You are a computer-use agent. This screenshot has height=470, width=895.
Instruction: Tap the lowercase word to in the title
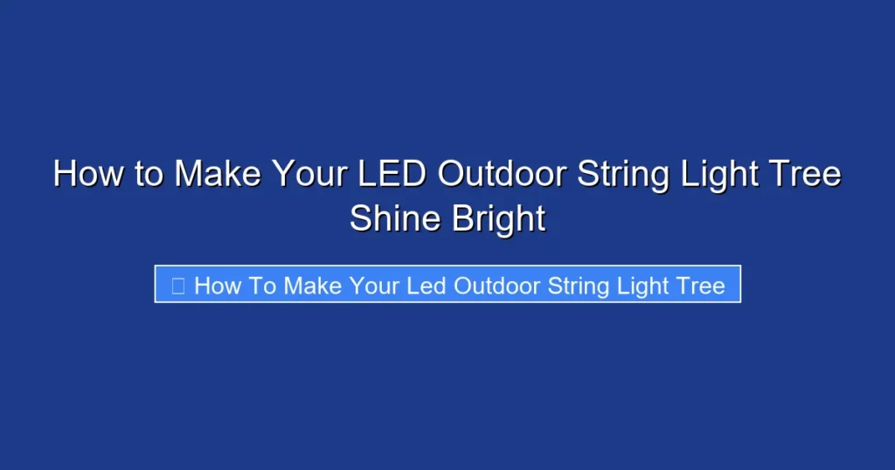(149, 174)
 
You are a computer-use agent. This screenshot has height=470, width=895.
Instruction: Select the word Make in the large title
(218, 174)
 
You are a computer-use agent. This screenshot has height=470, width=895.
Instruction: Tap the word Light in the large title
(719, 174)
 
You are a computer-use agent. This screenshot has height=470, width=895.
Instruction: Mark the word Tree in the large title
(807, 174)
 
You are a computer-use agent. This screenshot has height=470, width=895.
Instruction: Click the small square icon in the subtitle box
(178, 286)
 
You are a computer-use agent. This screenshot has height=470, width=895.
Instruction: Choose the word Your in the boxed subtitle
(376, 286)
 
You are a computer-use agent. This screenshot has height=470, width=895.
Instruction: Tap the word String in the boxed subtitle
(579, 286)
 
